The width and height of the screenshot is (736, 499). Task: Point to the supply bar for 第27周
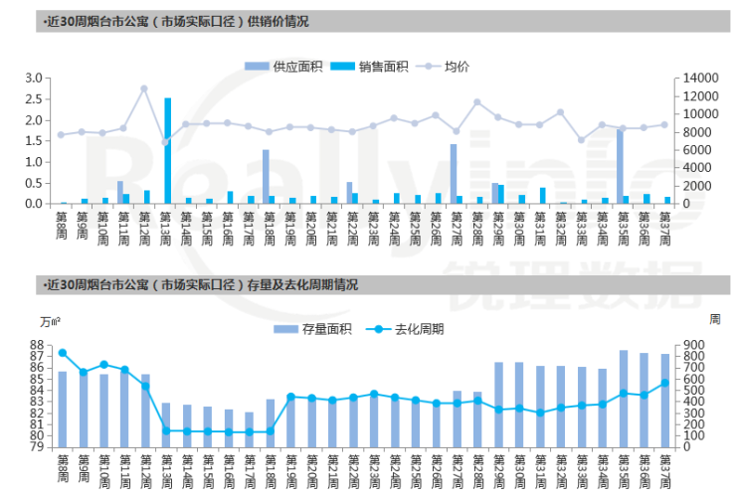coord(453,173)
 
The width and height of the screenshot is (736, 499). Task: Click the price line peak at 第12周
coord(145,88)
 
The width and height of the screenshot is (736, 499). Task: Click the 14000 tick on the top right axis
coord(693,79)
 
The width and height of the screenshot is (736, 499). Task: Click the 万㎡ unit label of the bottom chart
coord(51,320)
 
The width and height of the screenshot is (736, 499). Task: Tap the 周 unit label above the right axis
coord(713,318)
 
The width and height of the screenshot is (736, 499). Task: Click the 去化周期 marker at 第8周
coord(63,353)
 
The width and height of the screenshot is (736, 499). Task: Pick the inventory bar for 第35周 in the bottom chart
coord(624,398)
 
